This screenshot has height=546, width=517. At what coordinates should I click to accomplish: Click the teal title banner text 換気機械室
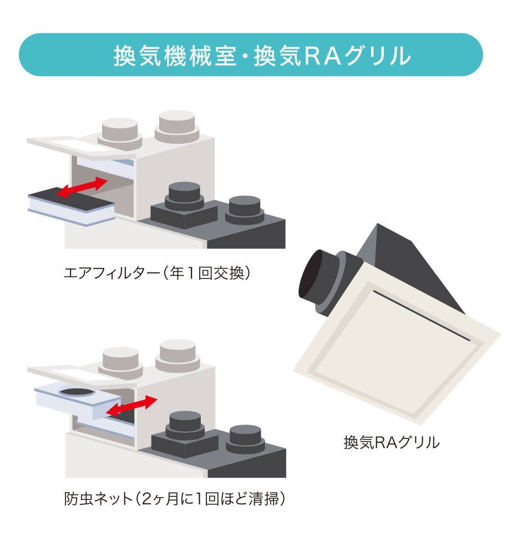click(175, 55)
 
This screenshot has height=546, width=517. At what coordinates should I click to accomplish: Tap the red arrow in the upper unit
click(82, 188)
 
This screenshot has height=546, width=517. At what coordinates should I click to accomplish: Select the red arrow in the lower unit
click(131, 406)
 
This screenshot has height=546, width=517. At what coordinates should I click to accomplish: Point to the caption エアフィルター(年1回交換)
click(157, 273)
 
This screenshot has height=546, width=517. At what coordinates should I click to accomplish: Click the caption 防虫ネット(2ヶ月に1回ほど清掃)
click(174, 499)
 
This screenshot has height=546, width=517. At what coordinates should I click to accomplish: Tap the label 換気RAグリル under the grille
click(392, 443)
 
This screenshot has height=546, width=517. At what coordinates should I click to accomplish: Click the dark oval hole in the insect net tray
click(77, 392)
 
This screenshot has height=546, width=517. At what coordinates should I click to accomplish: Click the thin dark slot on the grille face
click(422, 315)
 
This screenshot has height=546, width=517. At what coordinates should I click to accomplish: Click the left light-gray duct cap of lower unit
click(121, 362)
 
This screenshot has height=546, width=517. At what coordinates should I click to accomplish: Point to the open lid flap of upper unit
click(82, 146)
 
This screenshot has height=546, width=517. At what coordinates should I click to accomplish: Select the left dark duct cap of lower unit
click(185, 426)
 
